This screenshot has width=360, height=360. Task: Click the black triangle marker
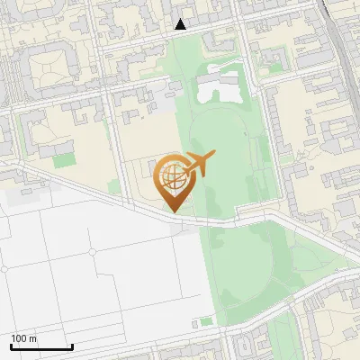coord(181,25)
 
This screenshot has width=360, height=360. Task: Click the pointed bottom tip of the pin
coord(172,211)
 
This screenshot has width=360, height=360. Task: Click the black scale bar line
coord(41,346)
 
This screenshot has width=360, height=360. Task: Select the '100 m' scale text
coord(25,338)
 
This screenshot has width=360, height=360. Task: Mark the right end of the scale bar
coord(72,346)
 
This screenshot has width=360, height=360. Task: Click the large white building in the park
coord(220,87)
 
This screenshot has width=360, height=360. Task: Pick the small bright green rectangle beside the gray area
coord(208,321)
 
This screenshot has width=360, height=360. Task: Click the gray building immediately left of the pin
coord(148,176)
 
